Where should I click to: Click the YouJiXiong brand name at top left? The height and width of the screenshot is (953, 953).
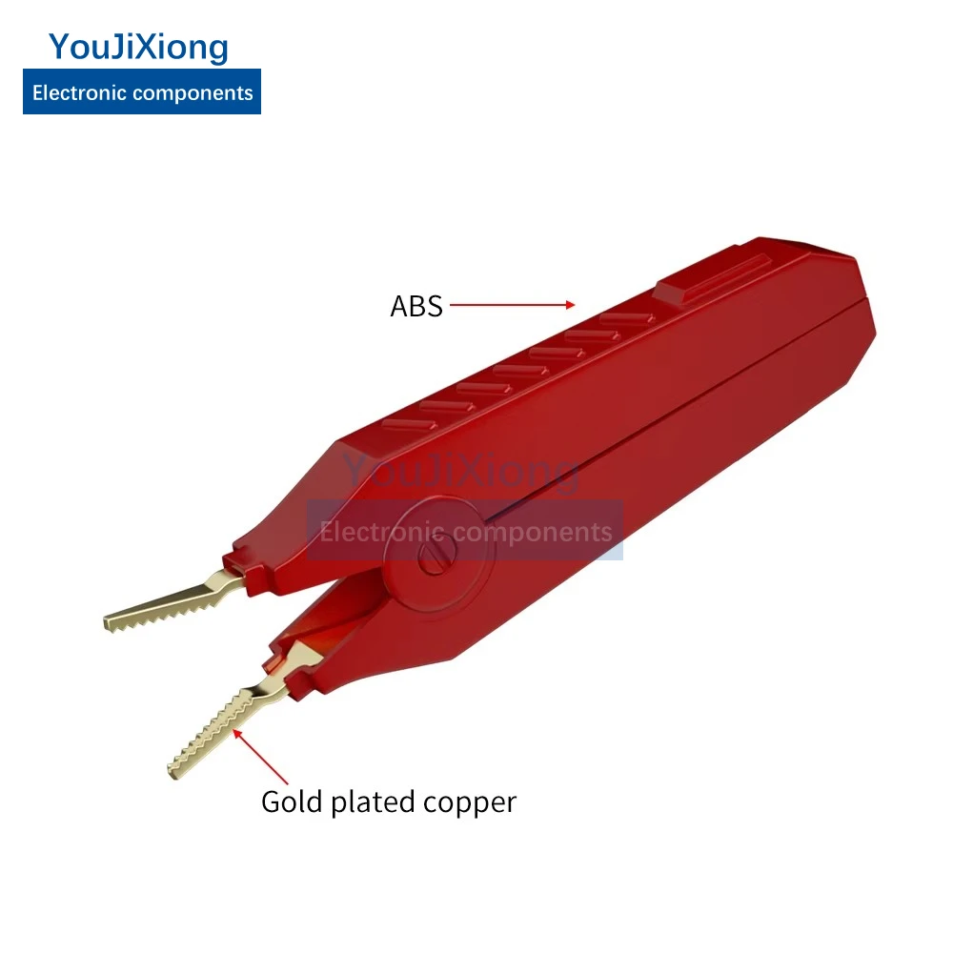click(x=139, y=47)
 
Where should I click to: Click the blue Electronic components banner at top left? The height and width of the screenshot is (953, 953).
click(x=142, y=93)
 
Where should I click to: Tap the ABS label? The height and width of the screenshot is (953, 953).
click(x=416, y=306)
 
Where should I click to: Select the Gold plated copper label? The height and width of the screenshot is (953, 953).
click(x=389, y=801)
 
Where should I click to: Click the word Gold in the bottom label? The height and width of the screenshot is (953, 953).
click(x=293, y=801)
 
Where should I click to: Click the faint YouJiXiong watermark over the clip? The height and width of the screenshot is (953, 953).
click(x=461, y=471)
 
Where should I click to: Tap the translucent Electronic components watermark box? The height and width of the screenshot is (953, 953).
click(x=465, y=530)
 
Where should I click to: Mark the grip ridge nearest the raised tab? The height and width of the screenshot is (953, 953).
click(x=623, y=320)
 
